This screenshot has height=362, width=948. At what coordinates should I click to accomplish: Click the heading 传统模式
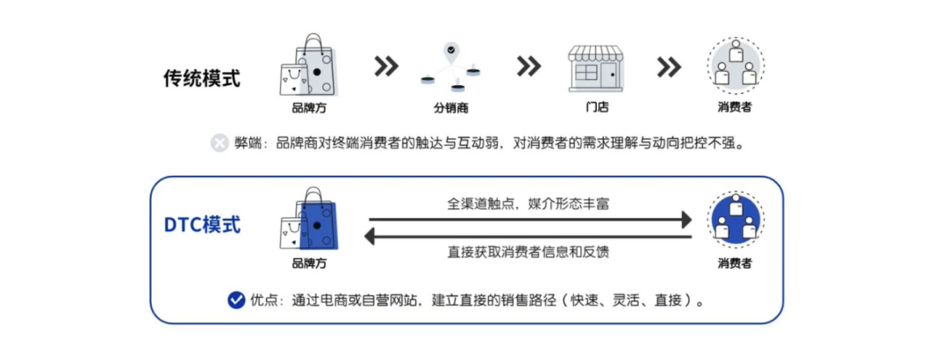tap(201, 77)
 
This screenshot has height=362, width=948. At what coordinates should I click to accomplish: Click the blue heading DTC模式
tap(202, 224)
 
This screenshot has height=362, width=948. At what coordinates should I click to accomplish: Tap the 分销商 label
tap(450, 108)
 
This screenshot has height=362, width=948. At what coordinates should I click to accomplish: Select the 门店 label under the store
tap(597, 108)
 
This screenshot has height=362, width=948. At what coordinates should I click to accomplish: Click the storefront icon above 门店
tap(597, 67)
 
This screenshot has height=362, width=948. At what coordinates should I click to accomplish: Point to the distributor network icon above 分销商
tap(451, 66)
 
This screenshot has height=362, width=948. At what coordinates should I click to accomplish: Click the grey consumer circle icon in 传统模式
tap(735, 67)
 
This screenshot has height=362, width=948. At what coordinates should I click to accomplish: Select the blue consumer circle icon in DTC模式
tap(735, 219)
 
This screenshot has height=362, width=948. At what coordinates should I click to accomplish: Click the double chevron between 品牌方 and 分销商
tap(386, 67)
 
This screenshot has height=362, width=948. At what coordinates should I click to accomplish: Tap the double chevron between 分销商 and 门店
tap(528, 67)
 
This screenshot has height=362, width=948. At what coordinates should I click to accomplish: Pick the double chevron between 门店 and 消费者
tap(669, 67)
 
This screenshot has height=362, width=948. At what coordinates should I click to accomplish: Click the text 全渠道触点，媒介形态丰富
tap(528, 204)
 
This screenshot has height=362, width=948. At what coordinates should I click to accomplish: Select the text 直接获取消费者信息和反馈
tap(528, 252)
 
